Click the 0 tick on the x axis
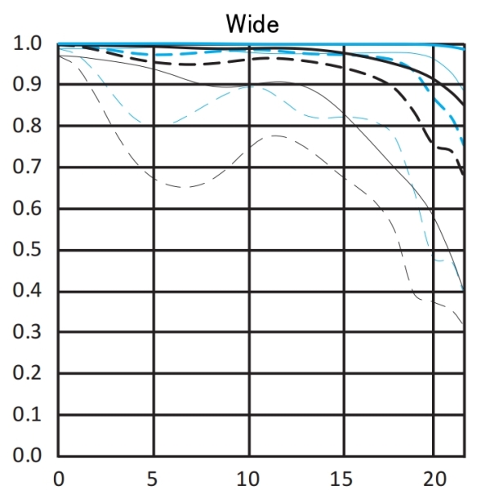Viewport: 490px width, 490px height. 58,476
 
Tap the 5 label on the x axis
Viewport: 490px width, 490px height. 152,476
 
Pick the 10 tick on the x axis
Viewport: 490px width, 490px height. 247,476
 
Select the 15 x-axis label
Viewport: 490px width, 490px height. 342,476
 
